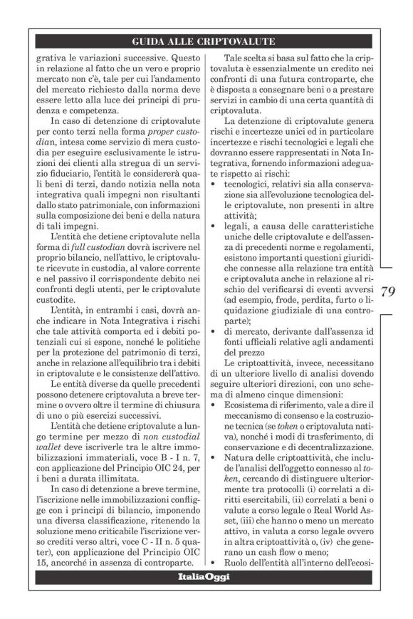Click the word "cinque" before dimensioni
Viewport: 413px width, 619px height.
[303, 392]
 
